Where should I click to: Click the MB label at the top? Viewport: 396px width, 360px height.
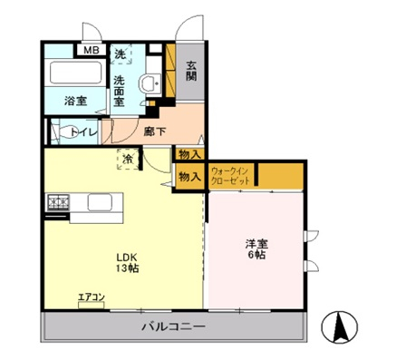[91, 50]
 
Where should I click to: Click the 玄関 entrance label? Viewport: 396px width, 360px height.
[191, 71]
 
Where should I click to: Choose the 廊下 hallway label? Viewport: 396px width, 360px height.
[154, 131]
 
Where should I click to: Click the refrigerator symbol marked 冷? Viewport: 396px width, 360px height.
[129, 161]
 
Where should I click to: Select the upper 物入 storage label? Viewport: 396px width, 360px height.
[189, 155]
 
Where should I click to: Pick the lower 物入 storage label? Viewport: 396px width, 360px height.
[189, 178]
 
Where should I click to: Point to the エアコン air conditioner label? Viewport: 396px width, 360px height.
[92, 297]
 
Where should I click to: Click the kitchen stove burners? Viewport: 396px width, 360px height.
[59, 201]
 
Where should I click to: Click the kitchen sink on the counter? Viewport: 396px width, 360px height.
[100, 201]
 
